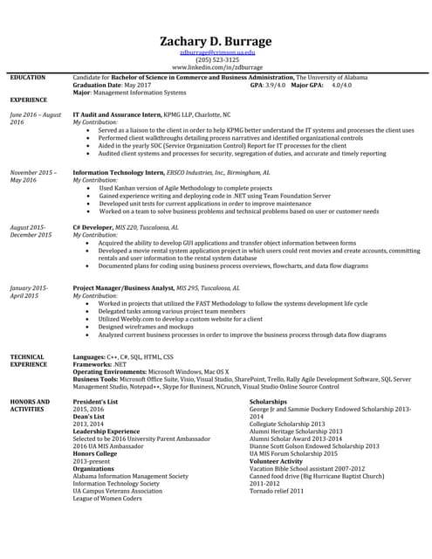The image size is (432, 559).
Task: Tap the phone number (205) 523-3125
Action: pos(217,60)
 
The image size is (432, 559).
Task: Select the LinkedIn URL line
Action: pos(217,67)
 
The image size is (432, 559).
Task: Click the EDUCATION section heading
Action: pos(27,78)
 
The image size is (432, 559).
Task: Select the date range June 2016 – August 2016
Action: pos(35,119)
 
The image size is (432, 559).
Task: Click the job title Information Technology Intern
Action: pos(118,173)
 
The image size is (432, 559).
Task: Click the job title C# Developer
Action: pos(94,225)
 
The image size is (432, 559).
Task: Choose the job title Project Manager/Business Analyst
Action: pos(123,287)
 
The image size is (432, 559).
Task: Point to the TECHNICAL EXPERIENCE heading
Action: pos(30,361)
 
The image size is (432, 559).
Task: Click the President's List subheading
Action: pos(95,401)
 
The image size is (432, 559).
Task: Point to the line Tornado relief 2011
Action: pos(277,491)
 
